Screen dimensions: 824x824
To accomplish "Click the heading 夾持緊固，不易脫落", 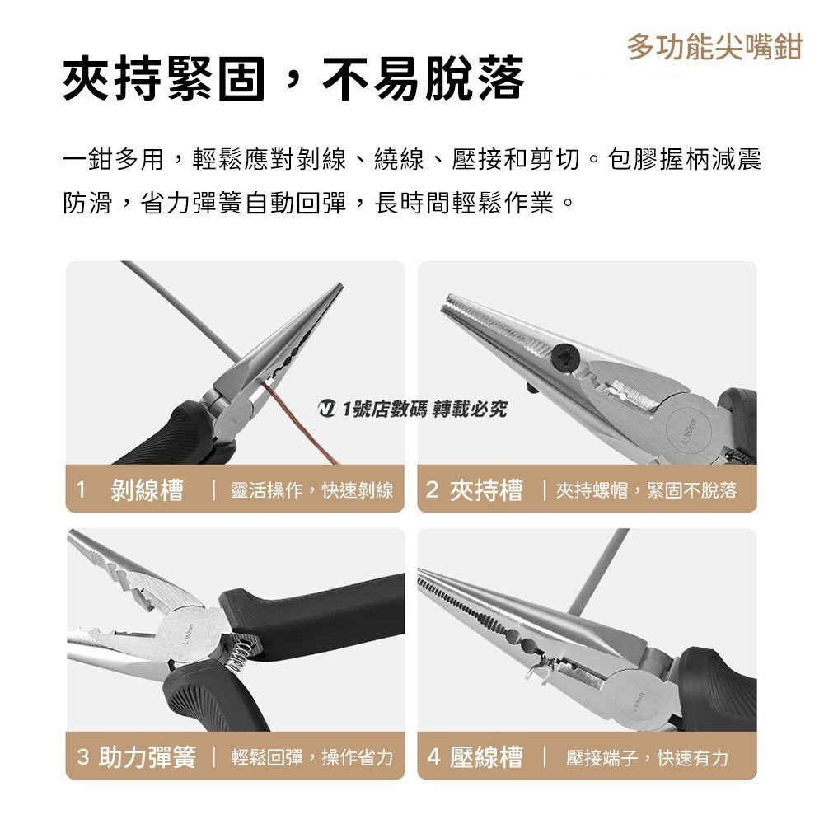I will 293,81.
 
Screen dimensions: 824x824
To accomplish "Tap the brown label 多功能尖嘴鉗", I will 714,47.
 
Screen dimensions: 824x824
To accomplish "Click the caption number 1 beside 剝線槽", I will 81,489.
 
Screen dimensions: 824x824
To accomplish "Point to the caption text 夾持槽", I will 485,490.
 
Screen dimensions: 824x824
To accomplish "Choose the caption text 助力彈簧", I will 147,757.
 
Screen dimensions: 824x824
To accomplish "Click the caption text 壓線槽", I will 486,757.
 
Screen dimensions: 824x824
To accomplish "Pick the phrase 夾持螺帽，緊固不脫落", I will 646,491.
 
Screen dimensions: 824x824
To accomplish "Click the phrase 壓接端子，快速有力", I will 647,757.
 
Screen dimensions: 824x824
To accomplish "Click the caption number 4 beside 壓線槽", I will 433,757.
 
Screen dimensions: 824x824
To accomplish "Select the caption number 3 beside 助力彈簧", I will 82,757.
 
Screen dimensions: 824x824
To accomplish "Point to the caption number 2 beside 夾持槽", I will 433,490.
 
